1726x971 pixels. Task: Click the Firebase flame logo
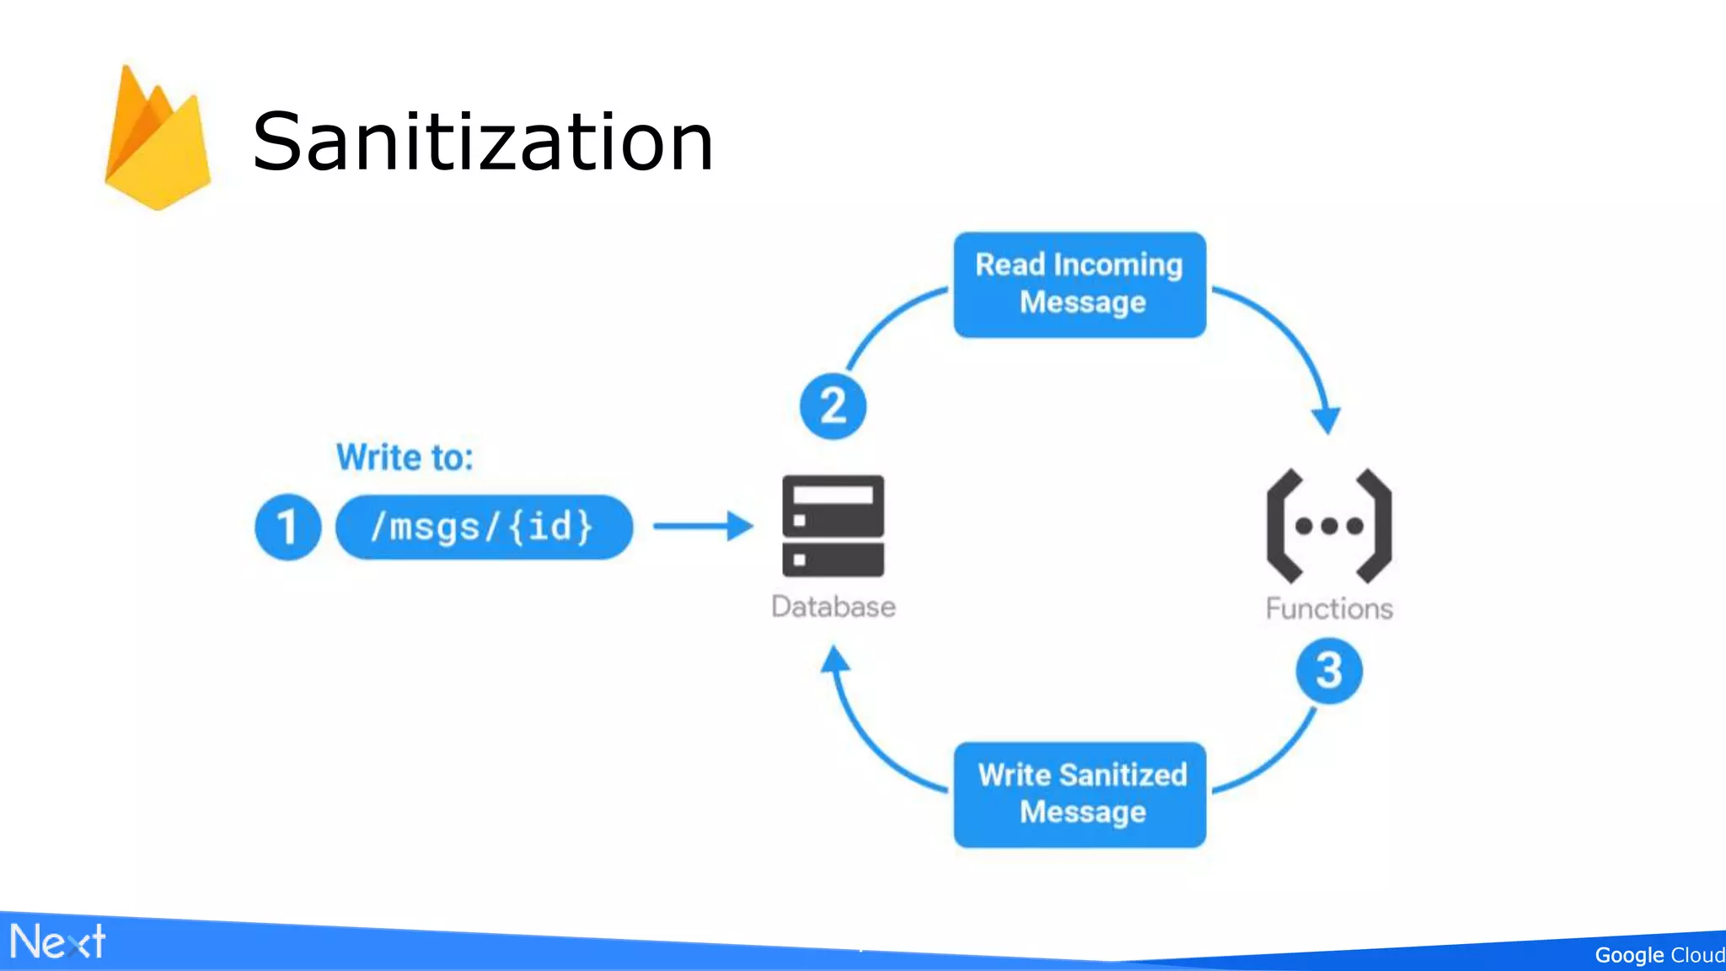tap(158, 139)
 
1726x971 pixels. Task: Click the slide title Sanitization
tap(483, 142)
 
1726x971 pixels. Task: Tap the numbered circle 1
tap(287, 527)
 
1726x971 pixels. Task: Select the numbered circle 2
tap(833, 406)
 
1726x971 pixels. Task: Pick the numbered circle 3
tap(1328, 671)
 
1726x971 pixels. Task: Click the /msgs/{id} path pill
tap(484, 527)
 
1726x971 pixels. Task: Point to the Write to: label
tap(405, 458)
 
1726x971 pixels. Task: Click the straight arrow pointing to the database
tap(702, 526)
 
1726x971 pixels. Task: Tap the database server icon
tap(833, 526)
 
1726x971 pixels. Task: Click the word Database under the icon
tap(833, 607)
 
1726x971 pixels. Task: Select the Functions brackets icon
tap(1328, 526)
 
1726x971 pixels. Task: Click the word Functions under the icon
tap(1328, 609)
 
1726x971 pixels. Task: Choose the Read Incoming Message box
tap(1080, 285)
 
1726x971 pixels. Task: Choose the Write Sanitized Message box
tap(1080, 794)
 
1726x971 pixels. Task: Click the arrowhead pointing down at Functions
tap(1327, 419)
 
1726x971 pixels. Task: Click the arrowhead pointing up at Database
tap(834, 659)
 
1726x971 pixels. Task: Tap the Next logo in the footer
tap(57, 941)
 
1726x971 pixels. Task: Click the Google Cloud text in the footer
tap(1658, 955)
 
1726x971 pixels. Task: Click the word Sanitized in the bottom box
tap(1123, 775)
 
